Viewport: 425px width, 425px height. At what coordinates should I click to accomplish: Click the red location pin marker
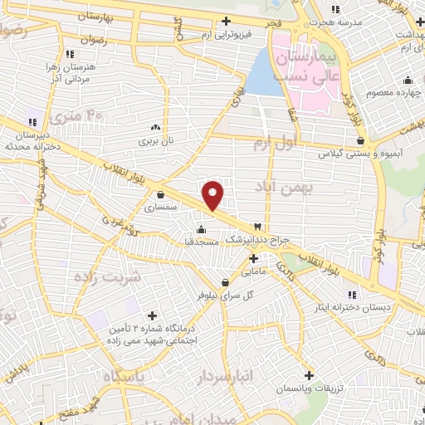click(213, 194)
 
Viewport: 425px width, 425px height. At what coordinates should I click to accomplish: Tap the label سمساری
click(156, 209)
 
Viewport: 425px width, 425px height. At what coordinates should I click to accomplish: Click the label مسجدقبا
click(200, 242)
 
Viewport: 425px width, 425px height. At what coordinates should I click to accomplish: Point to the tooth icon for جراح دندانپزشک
click(257, 227)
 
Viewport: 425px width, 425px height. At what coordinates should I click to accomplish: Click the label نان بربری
click(156, 141)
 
